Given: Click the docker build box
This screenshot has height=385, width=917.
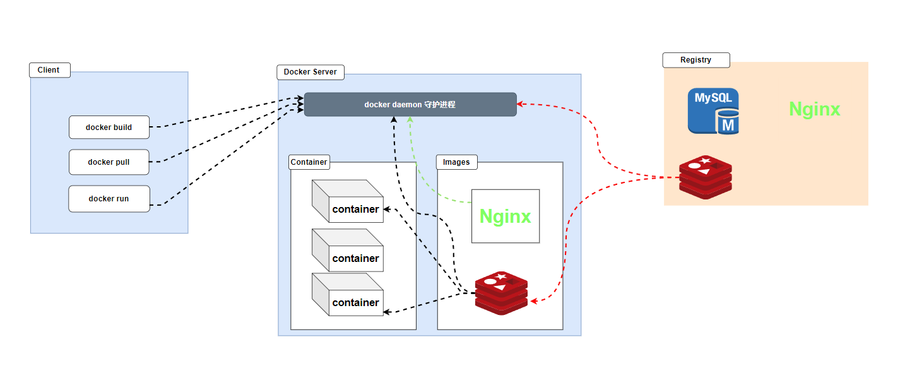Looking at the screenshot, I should coord(109,127).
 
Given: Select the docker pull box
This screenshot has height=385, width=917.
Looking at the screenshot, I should coord(109,162).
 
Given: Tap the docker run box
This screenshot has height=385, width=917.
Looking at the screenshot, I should coord(109,199).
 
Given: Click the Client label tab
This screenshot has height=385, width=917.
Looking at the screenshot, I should coord(49,70).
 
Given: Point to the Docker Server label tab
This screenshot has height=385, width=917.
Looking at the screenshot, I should coord(311,72).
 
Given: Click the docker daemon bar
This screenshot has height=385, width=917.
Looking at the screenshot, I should coord(410,105).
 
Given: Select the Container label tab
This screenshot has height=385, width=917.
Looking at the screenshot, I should coord(309,162).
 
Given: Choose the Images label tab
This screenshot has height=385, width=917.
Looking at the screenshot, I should coord(456,162).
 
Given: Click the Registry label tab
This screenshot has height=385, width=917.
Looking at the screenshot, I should coord(695,60).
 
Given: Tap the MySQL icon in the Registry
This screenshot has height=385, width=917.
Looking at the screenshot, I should coord(713,111).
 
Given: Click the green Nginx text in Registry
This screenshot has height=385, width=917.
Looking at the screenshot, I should coord(814,109).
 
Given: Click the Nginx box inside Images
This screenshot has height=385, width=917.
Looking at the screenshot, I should coord(506,216).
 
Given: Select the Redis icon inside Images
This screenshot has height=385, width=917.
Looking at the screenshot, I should coord(501,293).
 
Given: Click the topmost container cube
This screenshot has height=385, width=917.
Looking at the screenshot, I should coord(348,201).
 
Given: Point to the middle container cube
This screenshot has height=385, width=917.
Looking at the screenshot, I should coord(348,250).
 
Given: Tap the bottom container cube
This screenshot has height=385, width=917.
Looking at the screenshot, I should coord(348,294).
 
